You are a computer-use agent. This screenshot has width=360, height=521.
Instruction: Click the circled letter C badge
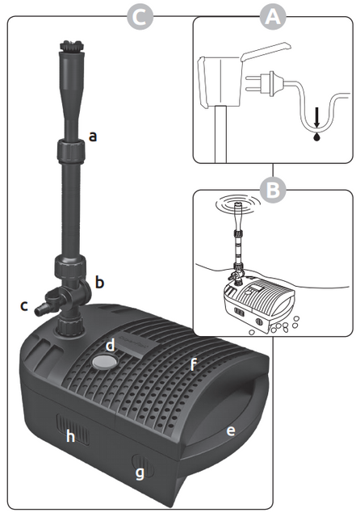pyautogui.click(x=140, y=17)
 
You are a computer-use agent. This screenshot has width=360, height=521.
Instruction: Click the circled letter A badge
pyautogui.click(x=273, y=17)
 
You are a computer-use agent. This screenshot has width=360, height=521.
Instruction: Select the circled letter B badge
pyautogui.click(x=273, y=190)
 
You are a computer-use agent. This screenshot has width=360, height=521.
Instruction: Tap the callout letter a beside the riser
pyautogui.click(x=93, y=137)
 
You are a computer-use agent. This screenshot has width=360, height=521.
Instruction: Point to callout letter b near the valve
pyautogui.click(x=99, y=282)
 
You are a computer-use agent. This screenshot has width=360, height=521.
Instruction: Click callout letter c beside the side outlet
pyautogui.click(x=24, y=306)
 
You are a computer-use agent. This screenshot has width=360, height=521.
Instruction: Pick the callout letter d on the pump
pyautogui.click(x=111, y=346)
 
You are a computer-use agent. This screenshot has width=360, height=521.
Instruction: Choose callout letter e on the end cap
pyautogui.click(x=231, y=431)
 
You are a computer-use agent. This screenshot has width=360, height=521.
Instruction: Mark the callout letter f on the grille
pyautogui.click(x=193, y=364)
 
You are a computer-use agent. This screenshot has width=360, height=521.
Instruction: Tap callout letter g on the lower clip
pyautogui.click(x=140, y=473)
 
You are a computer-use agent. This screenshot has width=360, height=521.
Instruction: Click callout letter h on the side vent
pyautogui.click(x=70, y=436)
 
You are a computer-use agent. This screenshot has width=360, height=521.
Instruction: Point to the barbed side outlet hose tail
pyautogui.click(x=43, y=309)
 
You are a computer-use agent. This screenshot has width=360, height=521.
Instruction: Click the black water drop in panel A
pyautogui.click(x=317, y=137)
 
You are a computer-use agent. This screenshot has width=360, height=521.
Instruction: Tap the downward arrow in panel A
pyautogui.click(x=317, y=118)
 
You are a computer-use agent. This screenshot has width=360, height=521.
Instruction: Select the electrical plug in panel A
pyautogui.click(x=266, y=83)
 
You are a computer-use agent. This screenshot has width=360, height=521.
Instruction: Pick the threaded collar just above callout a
pyautogui.click(x=71, y=151)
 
